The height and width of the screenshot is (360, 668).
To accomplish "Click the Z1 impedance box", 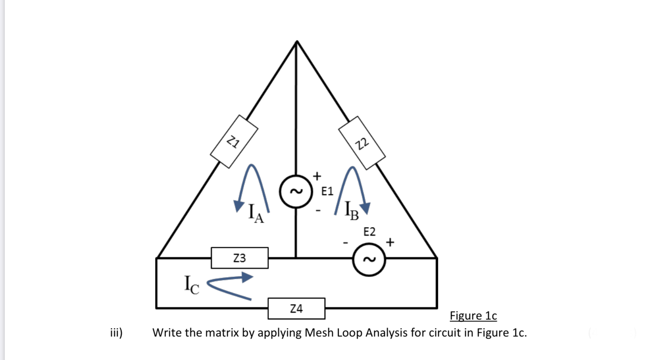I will coord(234,141).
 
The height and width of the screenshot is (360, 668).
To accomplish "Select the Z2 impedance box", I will coord(362,143).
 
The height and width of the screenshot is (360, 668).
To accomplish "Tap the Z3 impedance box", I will coord(239,258).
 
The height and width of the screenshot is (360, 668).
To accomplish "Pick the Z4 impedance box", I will coord(296,309).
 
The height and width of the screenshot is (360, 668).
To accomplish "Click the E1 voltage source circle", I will coord(296,191).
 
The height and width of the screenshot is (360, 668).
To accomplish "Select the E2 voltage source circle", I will coord(369,260).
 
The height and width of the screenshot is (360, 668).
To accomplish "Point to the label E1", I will coord(327,191).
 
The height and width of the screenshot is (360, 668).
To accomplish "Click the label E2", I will coord(369,232).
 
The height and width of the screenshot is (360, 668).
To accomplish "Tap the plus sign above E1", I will coord(317,176).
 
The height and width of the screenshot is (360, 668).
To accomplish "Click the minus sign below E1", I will coord(318,211).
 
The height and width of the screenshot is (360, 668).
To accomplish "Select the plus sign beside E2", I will coord(390,242).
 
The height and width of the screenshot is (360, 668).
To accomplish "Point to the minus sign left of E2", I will coord(346,242).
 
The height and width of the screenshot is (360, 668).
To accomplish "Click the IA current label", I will coord(255,213).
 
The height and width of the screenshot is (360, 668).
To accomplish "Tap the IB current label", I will coord(351,211).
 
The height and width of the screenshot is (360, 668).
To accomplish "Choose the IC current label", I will coord(191,285).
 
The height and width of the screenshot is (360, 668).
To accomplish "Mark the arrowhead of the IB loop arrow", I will coord(364,209).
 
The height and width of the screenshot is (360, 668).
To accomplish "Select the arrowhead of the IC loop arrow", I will coord(247,277).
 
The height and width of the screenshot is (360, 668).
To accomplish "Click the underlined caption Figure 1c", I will coord(473,316).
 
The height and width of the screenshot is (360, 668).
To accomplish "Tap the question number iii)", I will coord(116,333).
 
